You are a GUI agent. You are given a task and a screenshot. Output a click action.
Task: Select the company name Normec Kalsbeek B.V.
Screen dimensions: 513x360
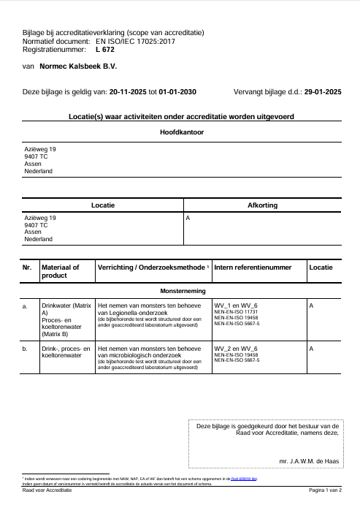pyautogui.click(x=80, y=66)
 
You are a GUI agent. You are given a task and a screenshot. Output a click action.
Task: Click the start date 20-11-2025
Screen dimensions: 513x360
pyautogui.click(x=128, y=93)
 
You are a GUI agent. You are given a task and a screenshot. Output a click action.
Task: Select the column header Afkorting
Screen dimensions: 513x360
pyautogui.click(x=263, y=205)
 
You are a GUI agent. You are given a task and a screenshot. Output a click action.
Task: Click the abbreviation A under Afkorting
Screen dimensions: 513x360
pyautogui.click(x=188, y=218)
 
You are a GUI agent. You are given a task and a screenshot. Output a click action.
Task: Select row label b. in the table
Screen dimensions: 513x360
pyautogui.click(x=26, y=349)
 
